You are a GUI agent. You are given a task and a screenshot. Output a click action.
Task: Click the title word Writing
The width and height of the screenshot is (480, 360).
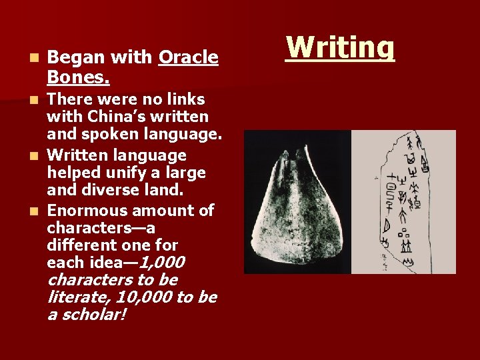pos(340,48)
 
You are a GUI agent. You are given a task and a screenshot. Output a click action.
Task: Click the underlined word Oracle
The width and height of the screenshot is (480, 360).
pos(189,58)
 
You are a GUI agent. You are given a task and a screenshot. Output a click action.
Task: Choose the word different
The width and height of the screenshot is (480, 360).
pos(79,245)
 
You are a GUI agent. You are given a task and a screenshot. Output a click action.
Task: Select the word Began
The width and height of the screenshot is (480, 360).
pos(72,58)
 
